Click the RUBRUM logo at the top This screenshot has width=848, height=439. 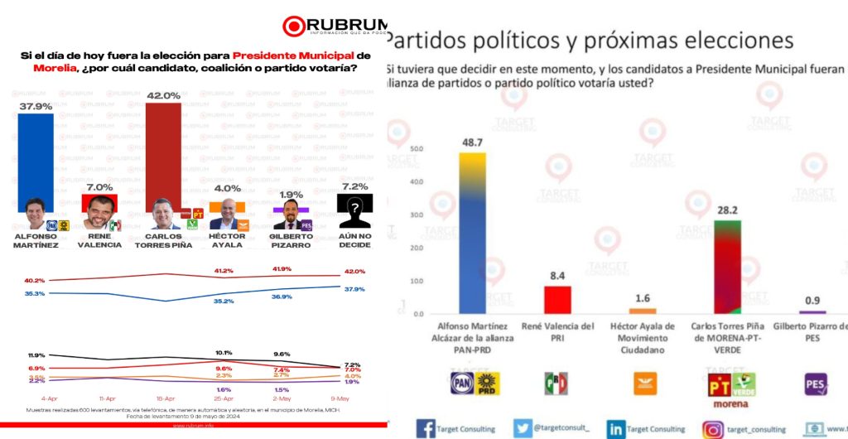[x=330, y=26]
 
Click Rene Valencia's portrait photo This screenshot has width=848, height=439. [x=98, y=214]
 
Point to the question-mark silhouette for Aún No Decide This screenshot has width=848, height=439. [x=354, y=212]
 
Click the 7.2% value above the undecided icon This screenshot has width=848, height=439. [x=354, y=187]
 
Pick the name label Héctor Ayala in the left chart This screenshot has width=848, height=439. [x=226, y=240]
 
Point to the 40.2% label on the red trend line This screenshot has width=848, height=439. [x=35, y=280]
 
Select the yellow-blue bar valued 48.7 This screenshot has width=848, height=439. [x=472, y=233]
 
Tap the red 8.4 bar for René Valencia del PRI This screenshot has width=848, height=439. [x=556, y=299]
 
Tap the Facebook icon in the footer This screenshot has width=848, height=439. [x=426, y=428]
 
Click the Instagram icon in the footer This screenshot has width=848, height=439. [x=713, y=428]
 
